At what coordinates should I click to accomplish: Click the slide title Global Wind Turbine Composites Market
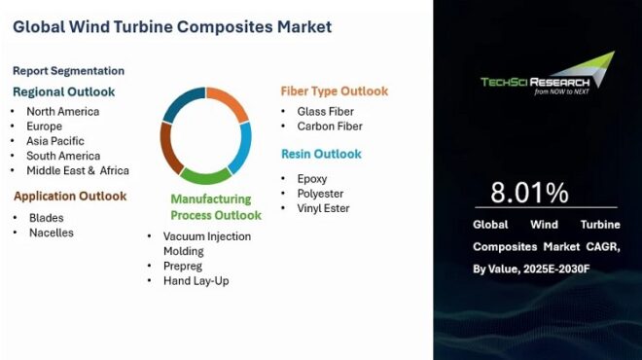coord(172,26)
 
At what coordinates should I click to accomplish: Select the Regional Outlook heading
coord(63,91)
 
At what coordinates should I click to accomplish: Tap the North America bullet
coord(63,112)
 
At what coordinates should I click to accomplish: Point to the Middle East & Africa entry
coord(77,170)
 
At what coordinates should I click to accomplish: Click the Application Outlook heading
coord(70,196)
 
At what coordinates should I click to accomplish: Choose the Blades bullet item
coord(46,218)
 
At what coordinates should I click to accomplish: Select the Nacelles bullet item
coord(51,233)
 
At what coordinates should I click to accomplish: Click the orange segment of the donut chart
coord(230,104)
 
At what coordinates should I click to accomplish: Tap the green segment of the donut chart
coord(206,177)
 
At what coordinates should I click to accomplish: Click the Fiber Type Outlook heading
coord(335,91)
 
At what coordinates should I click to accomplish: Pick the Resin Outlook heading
coord(321,154)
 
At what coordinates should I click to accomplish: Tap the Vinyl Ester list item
coord(323,208)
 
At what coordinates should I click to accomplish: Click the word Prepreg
coord(184,266)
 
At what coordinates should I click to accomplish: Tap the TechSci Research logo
coord(549,78)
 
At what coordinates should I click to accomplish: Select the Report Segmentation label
coord(68,71)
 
